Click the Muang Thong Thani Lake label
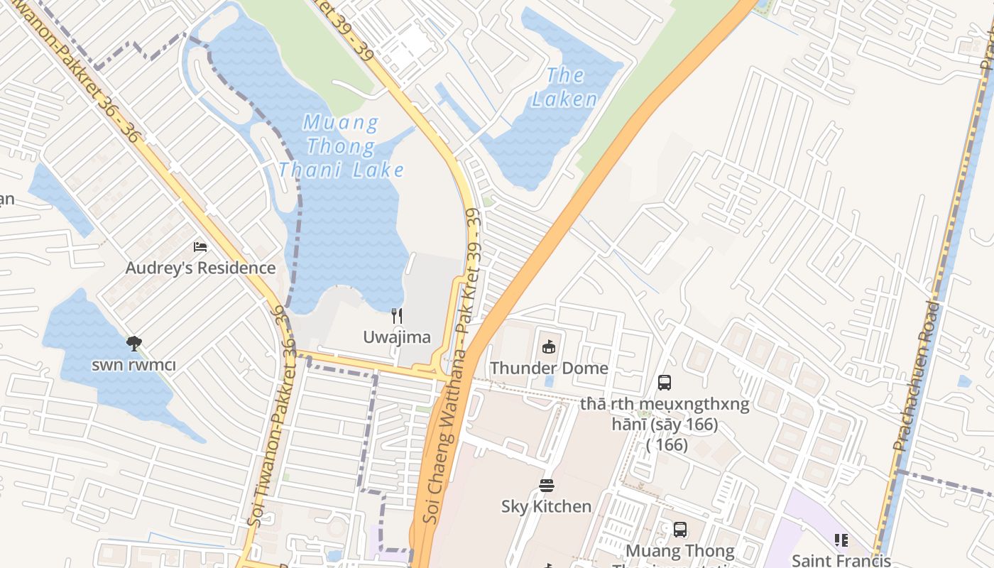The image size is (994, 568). point(342,146)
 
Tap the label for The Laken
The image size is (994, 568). point(565,87)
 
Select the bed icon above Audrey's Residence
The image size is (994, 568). point(200,247)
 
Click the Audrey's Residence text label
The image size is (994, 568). point(200,268)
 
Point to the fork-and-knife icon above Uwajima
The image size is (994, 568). point(397,316)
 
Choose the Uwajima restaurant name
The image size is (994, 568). point(397,337)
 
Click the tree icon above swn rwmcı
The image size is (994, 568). point(133,344)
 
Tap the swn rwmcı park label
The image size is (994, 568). point(133,365)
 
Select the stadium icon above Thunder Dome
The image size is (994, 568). point(548,346)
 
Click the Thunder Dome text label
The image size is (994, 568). point(549,368)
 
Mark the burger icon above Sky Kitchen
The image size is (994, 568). point(546,486)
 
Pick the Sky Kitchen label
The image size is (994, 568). point(546,506)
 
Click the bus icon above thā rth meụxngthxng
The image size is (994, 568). point(665,383)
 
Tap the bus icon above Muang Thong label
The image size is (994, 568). point(679,530)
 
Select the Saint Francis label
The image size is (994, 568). point(841,560)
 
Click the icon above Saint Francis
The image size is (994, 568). point(841,540)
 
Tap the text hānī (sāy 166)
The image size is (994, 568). point(665,425)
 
